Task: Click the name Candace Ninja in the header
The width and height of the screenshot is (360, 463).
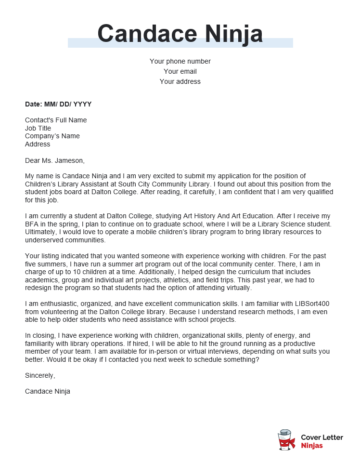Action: (180, 38)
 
